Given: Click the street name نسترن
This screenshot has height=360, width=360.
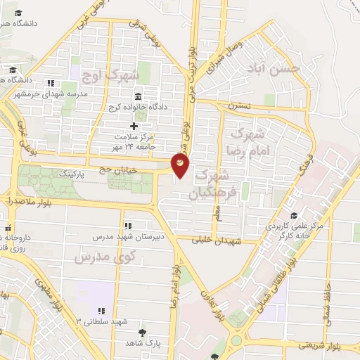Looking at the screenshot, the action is coord(239,107).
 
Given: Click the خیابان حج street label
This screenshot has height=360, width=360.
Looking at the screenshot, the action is coord(139,169).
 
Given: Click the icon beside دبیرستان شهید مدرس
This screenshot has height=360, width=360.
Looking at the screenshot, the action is coord(128,226).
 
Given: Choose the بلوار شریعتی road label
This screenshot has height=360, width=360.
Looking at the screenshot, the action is coord(319,345).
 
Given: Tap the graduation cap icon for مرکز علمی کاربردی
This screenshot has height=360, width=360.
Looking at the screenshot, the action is coord(293,215).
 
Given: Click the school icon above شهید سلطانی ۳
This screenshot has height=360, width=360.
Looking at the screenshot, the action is coord(101,310).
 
